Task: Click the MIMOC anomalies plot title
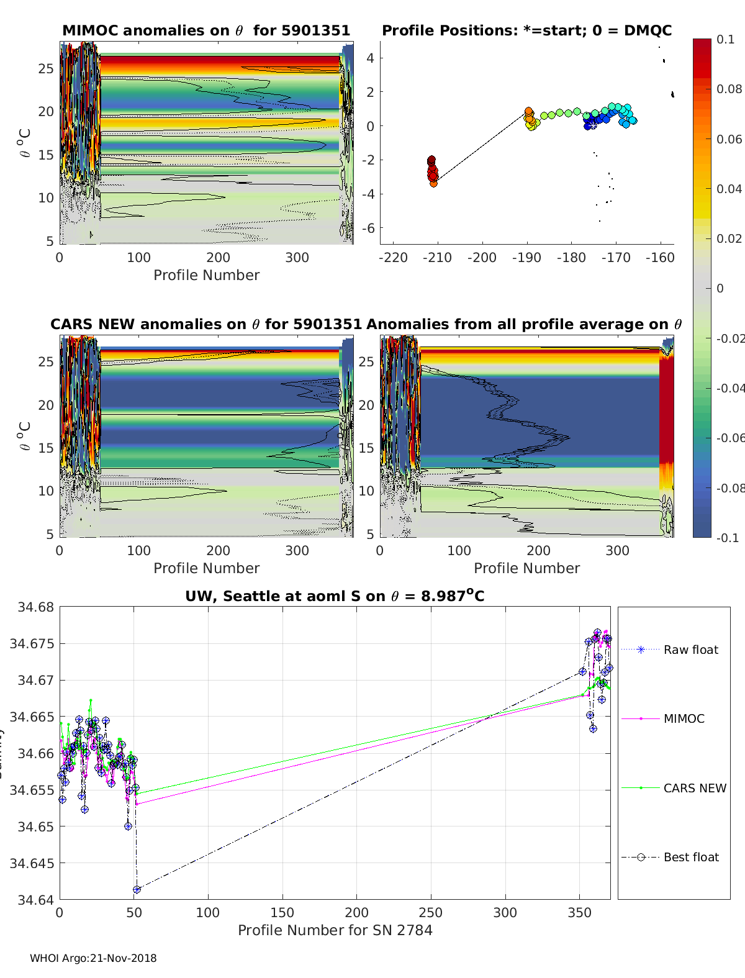coord(206,30)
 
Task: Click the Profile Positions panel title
coord(526,30)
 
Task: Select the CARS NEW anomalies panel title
coord(205,324)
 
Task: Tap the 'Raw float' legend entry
coord(690,650)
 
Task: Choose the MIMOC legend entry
coord(684,718)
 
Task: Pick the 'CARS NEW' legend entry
coord(694,788)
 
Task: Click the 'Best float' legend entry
coord(690,857)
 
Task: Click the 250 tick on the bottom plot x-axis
coord(431,912)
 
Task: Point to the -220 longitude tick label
coord(393,258)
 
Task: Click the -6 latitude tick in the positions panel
coord(370,228)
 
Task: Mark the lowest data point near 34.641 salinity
coord(137,889)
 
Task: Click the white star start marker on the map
coord(593,125)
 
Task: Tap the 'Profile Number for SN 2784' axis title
coord(335,930)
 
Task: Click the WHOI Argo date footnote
coord(93,958)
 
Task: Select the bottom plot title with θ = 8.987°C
coord(335,596)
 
